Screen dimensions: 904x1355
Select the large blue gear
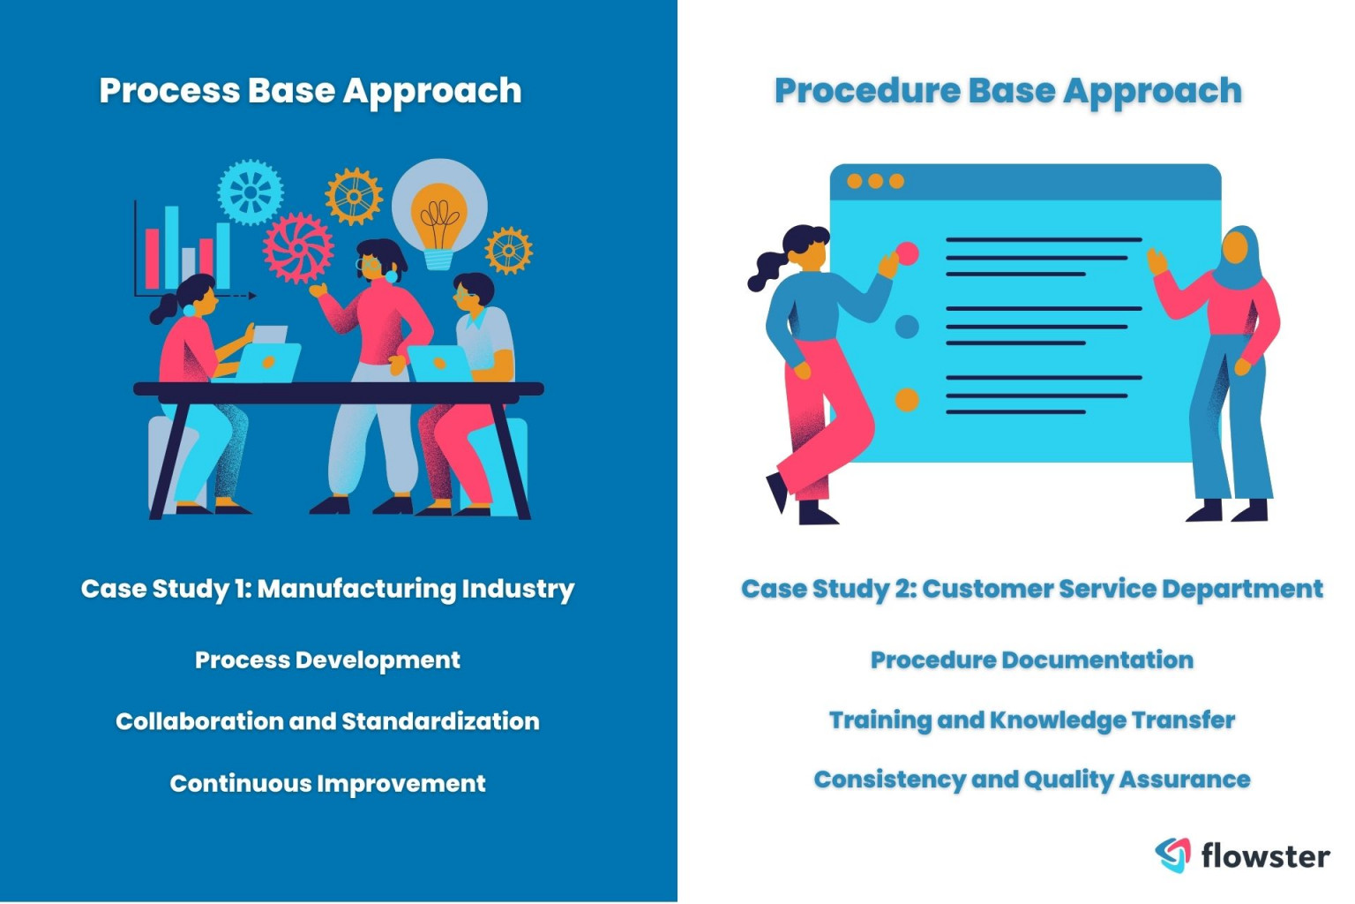click(251, 192)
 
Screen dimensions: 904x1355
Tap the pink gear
click(298, 247)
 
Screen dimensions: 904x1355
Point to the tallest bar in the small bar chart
click(171, 247)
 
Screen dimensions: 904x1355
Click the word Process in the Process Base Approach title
click(168, 90)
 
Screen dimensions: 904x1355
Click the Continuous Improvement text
click(327, 783)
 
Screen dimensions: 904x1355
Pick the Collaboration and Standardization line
click(327, 721)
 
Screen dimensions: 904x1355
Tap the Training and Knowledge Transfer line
click(1031, 720)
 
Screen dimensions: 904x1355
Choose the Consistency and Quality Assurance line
click(1031, 780)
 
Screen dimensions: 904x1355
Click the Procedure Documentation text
click(1031, 659)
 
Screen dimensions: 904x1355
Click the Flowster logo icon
click(1172, 854)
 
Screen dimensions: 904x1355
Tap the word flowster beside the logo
click(1265, 855)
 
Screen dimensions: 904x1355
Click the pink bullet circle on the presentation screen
click(907, 254)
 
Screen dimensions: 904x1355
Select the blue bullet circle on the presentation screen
click(907, 327)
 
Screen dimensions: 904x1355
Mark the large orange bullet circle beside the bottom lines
click(907, 400)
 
